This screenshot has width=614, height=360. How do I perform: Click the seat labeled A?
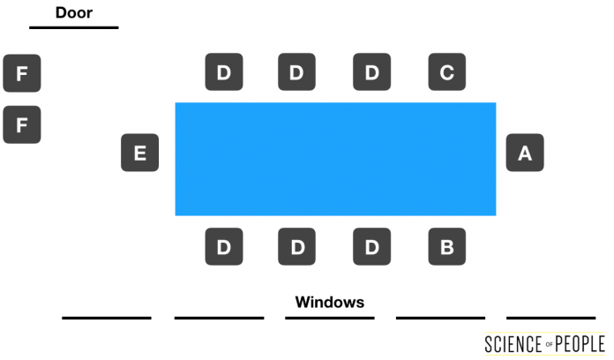525,153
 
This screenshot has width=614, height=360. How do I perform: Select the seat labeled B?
446,246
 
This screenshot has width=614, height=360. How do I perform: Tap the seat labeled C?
446,71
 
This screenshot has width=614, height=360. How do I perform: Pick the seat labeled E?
139,153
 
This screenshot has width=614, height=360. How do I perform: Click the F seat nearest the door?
22,73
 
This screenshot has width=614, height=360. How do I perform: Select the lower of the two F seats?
22,124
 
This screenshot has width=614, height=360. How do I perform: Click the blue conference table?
335,159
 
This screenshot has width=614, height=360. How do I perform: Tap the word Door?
74,12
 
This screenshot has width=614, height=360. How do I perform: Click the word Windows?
330,302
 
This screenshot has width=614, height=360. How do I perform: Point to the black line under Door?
74,27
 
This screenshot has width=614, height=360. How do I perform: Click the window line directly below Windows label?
330,318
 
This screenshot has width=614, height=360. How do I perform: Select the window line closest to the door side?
107,318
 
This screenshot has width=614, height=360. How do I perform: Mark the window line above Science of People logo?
551,318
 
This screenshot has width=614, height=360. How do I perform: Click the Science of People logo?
544,344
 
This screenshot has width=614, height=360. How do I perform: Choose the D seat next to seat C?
371,71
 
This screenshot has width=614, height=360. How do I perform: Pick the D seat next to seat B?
371,246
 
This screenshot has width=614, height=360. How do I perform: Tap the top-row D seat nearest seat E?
224,71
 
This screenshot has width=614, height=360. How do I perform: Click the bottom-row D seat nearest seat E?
224,246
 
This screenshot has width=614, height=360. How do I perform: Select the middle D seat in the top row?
296,71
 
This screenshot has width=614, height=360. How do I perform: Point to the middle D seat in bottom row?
296,246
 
